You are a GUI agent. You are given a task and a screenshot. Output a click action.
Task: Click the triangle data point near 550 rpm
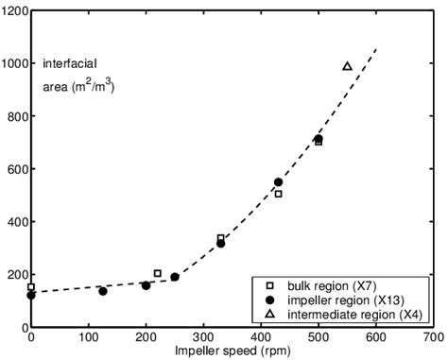pos(347,66)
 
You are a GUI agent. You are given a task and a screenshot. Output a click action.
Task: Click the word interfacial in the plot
pos(63,64)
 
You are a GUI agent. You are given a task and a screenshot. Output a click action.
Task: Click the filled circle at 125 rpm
pos(103,291)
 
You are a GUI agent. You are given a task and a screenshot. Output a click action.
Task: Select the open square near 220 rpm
pos(158,273)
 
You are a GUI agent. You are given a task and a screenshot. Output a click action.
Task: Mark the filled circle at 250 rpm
pos(175,277)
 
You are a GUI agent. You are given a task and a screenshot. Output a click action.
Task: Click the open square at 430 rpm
pos(278,194)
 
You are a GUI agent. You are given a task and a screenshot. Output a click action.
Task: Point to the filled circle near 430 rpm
pos(278,182)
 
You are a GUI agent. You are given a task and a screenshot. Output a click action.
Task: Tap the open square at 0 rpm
pos(31,287)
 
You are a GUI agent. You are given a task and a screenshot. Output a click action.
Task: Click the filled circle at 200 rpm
pos(146,285)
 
